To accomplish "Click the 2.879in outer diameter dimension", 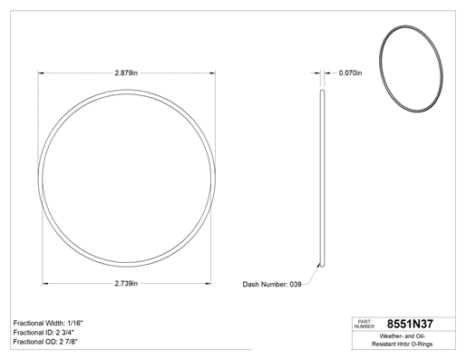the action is [x=126, y=73].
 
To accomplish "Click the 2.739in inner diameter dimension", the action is [x=126, y=284].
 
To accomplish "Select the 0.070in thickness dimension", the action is [x=350, y=73].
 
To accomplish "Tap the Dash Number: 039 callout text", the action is [x=272, y=285].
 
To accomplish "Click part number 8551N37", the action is [x=410, y=324].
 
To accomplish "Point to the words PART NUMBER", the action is [x=364, y=324].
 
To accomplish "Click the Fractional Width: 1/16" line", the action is [x=48, y=323].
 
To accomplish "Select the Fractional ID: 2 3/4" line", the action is [x=44, y=333].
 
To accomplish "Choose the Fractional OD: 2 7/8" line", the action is [x=45, y=342].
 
